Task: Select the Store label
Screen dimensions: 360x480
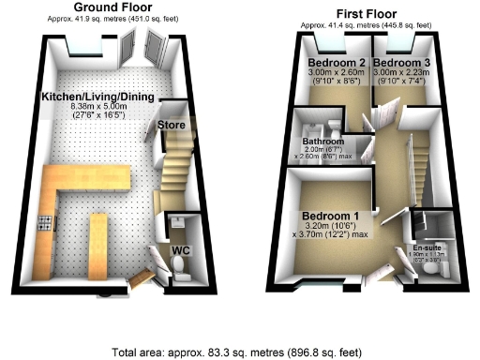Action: point(172,125)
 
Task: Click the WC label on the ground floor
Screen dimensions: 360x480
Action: point(182,250)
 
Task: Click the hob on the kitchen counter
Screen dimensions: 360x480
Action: point(43,223)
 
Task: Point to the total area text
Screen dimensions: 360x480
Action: point(239,352)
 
